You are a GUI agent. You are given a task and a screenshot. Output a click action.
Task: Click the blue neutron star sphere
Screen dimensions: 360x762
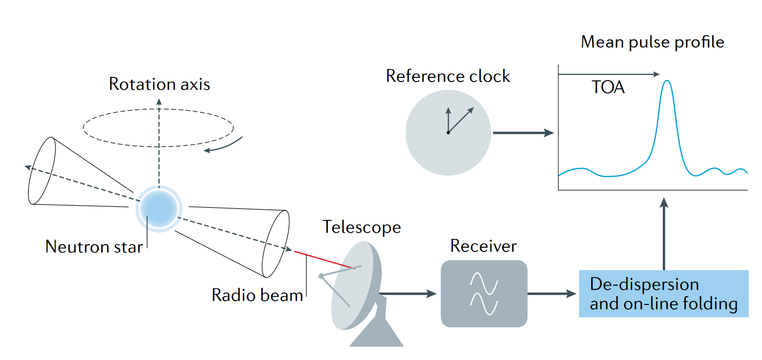[159, 208]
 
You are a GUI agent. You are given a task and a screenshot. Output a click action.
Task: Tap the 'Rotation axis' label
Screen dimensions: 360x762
[159, 84]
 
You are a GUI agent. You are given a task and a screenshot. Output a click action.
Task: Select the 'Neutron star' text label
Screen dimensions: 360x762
[94, 246]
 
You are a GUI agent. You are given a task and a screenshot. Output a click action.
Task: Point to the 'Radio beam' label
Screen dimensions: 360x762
[257, 295]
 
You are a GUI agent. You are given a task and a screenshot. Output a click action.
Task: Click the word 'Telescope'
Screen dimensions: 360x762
[362, 227]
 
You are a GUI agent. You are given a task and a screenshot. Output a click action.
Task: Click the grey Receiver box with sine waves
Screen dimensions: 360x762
[484, 294]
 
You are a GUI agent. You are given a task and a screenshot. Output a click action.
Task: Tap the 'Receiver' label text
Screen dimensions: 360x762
[484, 246]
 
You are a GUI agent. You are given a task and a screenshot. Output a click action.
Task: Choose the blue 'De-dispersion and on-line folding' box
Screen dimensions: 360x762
[664, 294]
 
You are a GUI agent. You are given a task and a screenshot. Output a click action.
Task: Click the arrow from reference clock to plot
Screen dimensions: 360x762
[523, 133]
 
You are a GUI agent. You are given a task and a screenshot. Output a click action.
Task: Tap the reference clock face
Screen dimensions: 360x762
[448, 133]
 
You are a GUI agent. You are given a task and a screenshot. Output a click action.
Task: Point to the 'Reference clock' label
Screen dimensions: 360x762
[448, 76]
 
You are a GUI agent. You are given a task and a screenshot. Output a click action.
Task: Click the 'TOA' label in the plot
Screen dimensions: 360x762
[608, 87]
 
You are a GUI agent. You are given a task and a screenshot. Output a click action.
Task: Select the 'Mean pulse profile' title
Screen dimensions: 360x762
[652, 42]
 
